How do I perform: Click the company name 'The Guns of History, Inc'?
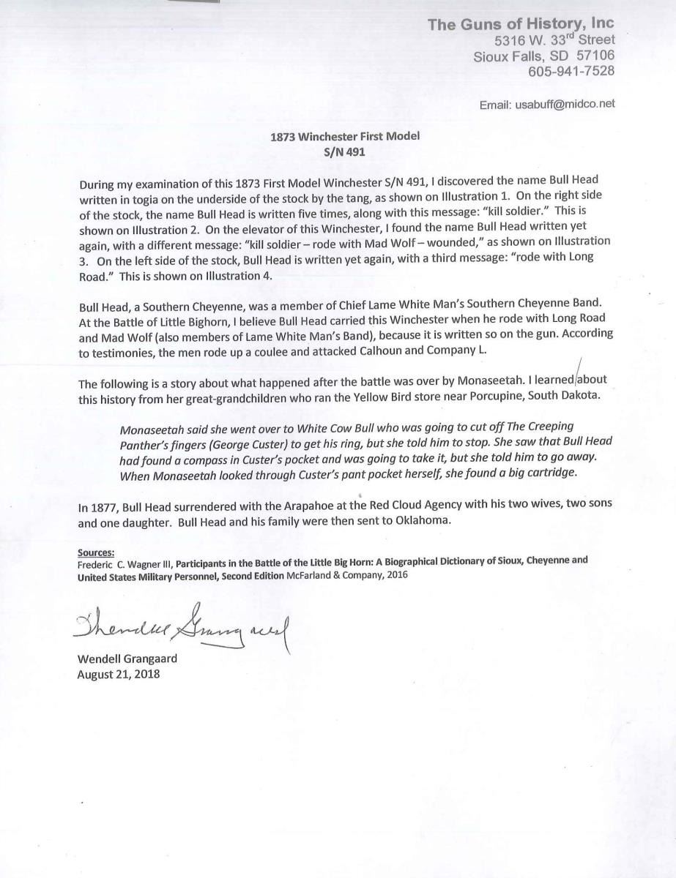[521, 25]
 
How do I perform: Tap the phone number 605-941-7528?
[571, 71]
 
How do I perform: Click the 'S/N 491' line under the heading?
[337, 151]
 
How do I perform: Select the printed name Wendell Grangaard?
[127, 658]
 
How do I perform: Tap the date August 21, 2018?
[118, 673]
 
